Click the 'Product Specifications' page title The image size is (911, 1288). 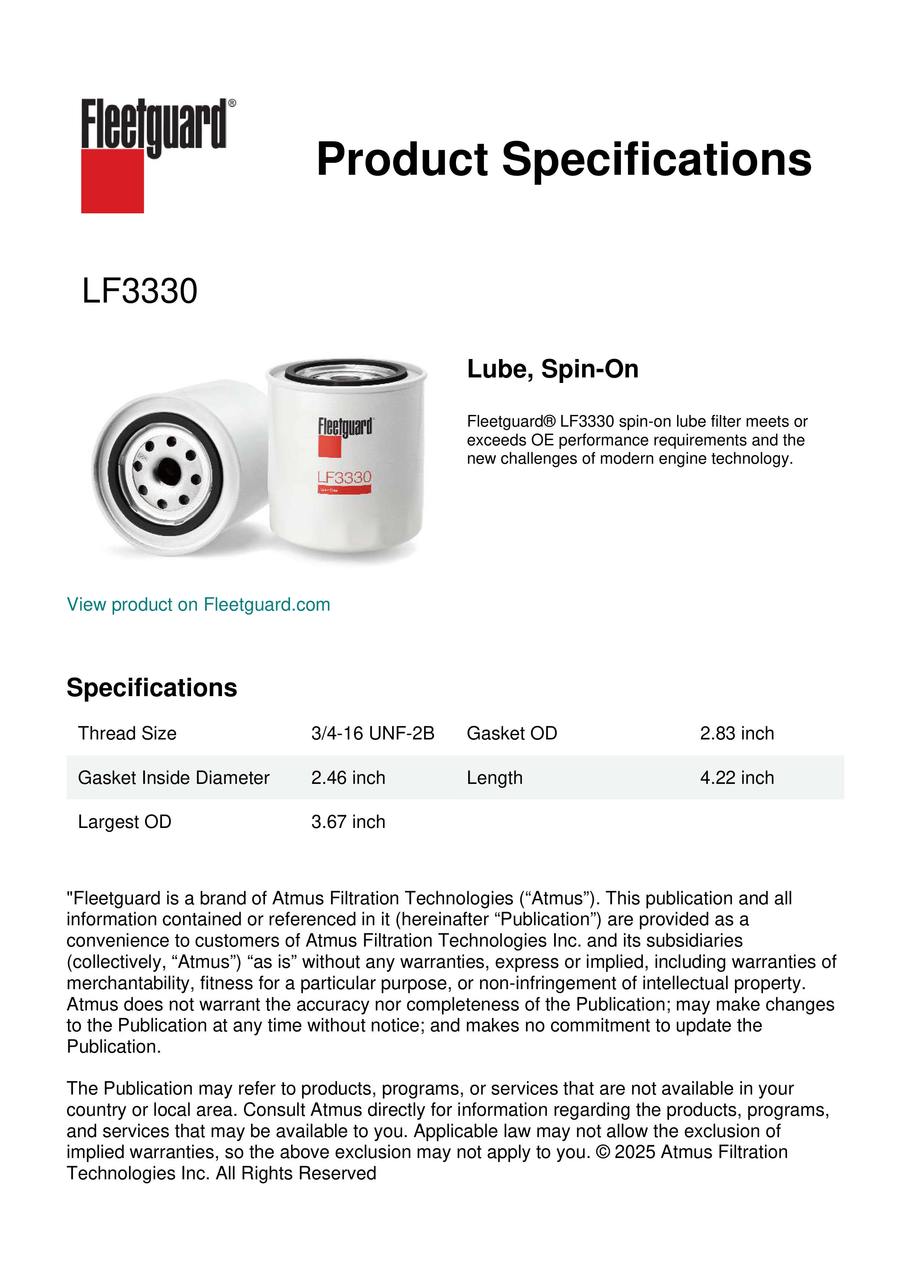564,159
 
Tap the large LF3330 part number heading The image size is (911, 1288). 140,291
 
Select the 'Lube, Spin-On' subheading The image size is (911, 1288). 553,369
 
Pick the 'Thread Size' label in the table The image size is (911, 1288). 127,733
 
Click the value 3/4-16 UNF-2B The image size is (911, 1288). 372,733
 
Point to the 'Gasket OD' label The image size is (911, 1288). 511,733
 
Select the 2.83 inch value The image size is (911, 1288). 737,733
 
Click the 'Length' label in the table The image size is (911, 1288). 494,778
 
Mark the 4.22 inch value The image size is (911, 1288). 737,778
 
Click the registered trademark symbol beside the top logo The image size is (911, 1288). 232,103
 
